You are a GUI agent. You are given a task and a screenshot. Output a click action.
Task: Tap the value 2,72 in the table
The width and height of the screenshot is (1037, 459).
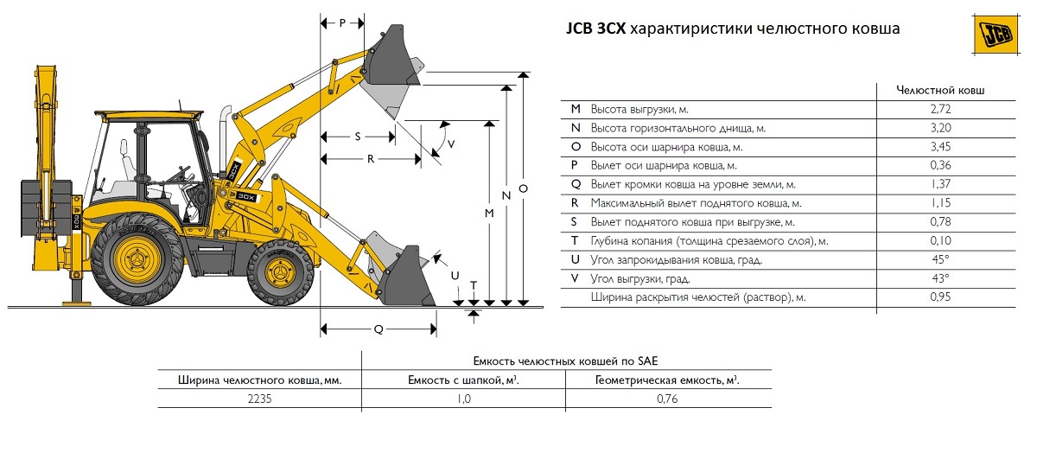coord(940,109)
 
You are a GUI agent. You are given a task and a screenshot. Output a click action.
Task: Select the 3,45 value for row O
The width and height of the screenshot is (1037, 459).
coord(940,147)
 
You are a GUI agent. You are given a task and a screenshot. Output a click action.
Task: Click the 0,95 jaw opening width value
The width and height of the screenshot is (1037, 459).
coord(940,297)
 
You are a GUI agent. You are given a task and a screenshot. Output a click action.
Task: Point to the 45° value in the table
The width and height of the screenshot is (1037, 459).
coord(940,259)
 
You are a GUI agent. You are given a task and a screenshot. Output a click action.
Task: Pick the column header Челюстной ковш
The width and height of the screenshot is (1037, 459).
coord(940,89)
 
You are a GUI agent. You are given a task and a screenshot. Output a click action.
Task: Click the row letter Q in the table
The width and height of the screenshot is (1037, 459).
coord(576,184)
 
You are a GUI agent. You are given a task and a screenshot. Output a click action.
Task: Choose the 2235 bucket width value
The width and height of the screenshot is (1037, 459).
coord(258,398)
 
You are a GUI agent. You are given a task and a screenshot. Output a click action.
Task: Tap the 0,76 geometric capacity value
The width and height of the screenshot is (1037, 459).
coord(667,398)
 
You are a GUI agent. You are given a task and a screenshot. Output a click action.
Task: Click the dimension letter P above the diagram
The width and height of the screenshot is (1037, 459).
coord(342,23)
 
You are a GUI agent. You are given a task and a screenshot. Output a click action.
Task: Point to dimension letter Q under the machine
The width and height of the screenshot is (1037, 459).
coord(378,329)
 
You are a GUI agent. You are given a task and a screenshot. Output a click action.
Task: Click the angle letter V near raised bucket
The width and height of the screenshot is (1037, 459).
coord(451,143)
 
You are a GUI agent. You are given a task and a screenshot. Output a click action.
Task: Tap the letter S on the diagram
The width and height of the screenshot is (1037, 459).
coord(358,137)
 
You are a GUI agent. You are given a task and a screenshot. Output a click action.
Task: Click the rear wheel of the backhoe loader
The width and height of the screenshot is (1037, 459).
coord(138,258)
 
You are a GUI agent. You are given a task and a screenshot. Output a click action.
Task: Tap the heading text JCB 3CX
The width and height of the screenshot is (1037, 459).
coord(595,29)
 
